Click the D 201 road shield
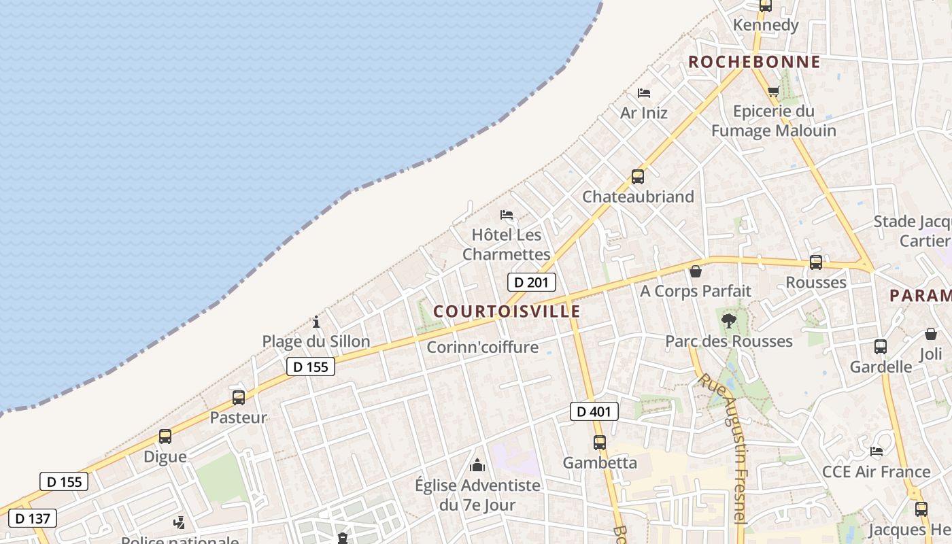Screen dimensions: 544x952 click(532, 282)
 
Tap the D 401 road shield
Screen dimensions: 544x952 click(594, 411)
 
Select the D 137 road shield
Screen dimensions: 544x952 click(33, 518)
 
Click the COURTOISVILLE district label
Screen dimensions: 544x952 click(507, 311)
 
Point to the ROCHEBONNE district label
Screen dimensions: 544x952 click(754, 62)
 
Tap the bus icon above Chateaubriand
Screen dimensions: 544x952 click(637, 177)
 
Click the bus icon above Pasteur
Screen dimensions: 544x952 click(238, 398)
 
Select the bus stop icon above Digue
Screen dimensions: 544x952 click(165, 437)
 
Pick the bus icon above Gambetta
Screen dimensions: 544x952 click(599, 443)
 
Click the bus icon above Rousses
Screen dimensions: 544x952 click(815, 262)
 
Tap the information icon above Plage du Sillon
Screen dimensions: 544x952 click(316, 322)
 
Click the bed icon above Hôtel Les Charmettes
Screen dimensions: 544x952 click(506, 215)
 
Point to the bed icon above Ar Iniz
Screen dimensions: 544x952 click(643, 92)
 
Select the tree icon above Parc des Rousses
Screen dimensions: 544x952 click(728, 320)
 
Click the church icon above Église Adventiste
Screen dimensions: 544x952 click(477, 465)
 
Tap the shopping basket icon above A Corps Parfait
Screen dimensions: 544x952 click(696, 271)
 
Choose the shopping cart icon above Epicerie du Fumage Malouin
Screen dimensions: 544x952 click(773, 91)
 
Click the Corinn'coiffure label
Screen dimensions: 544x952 click(482, 347)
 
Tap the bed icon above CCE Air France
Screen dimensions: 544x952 click(876, 451)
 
